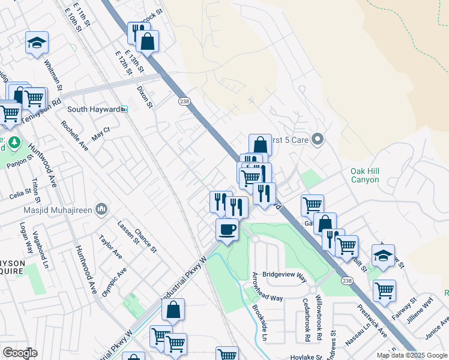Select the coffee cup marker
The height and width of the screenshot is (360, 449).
[x=228, y=230]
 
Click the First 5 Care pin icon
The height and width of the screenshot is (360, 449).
[x=319, y=140]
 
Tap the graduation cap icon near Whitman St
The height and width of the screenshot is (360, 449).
[x=37, y=43]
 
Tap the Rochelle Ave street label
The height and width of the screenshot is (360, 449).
[x=74, y=136]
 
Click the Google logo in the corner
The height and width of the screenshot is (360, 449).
[x=20, y=353]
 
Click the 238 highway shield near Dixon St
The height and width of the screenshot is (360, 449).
[x=184, y=101]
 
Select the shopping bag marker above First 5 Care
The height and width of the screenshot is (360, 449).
[x=260, y=145]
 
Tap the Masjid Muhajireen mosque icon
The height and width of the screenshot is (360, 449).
[x=101, y=208]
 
